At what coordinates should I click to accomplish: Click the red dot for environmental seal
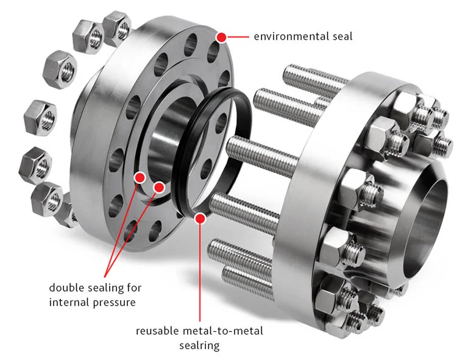point(221,37)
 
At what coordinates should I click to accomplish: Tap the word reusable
point(157,331)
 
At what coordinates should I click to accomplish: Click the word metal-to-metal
point(222,331)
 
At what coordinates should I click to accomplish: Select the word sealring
point(199,346)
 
